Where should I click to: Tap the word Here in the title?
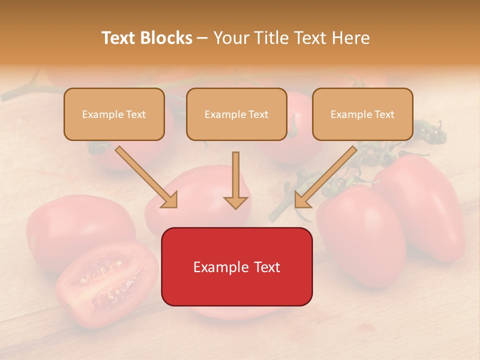click(350, 38)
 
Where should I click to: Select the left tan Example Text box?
click(114, 114)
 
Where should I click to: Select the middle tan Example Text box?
click(236, 114)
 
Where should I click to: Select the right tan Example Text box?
click(362, 114)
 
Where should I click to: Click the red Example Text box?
click(236, 266)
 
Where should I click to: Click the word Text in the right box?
click(384, 114)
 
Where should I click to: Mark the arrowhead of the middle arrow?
click(235, 202)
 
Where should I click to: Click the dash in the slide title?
click(202, 38)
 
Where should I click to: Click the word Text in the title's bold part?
click(119, 38)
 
